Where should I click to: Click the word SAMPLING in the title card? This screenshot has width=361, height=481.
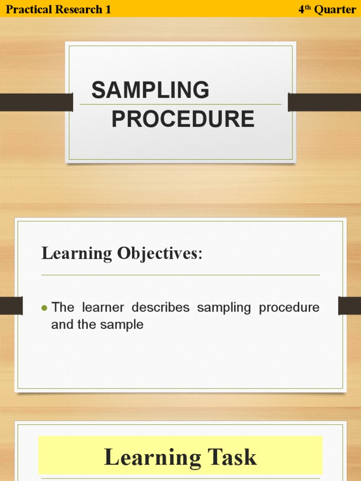150,90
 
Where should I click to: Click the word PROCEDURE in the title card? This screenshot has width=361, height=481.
183,119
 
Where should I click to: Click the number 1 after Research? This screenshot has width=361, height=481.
109,9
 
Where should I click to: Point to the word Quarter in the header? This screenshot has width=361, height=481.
334,9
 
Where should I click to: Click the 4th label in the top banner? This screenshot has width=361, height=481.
305,9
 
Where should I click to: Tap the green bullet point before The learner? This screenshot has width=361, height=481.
45,308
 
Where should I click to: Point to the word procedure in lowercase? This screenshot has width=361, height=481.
289,308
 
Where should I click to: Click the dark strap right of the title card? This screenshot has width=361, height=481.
324,102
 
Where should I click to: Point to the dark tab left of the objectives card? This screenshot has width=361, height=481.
11,306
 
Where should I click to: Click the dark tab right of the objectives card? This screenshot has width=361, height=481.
349,306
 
